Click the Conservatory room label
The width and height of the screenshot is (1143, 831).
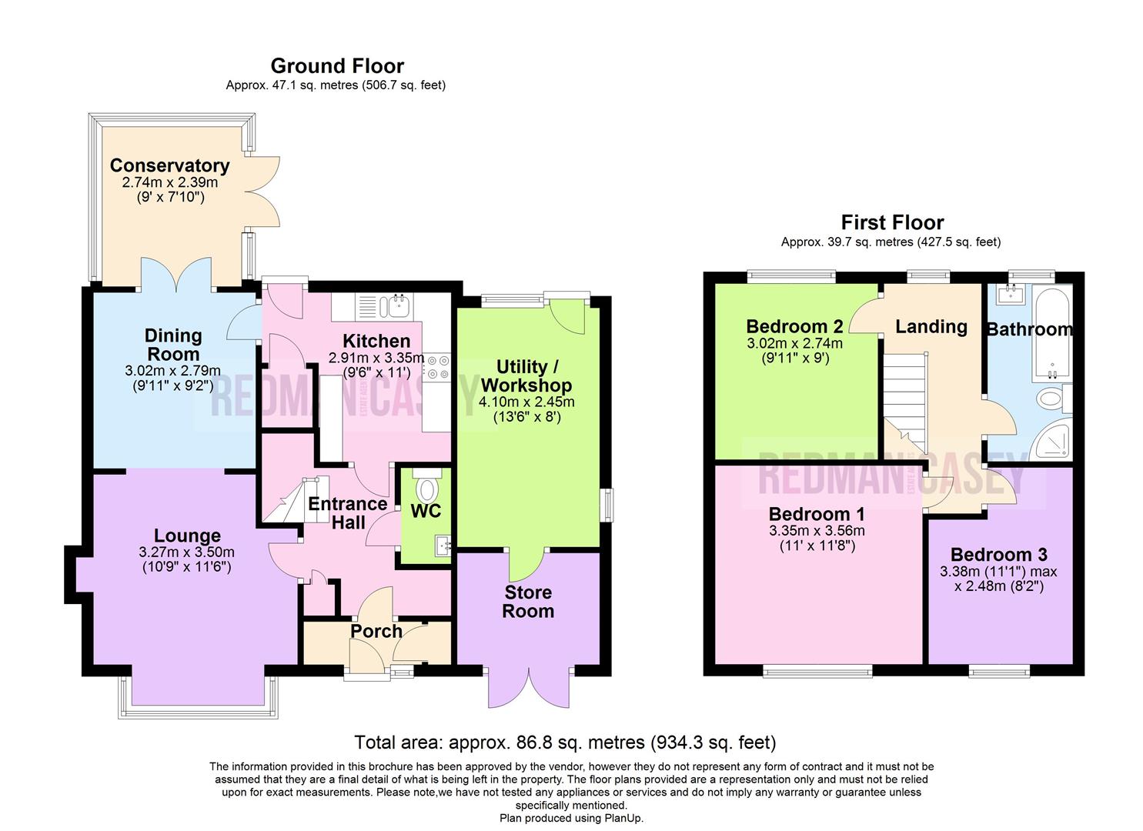click(169, 165)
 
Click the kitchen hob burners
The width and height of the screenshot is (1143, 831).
click(438, 367)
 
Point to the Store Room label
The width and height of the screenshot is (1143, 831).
click(528, 602)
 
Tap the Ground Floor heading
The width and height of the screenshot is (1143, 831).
click(336, 66)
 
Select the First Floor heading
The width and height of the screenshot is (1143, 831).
click(891, 223)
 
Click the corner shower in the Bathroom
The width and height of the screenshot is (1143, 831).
click(1055, 442)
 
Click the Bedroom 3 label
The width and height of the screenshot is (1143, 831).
click(998, 555)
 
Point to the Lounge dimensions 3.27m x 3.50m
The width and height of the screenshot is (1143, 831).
click(187, 552)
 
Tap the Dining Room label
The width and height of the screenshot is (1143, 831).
click(173, 345)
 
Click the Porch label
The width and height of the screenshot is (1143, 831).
click(376, 631)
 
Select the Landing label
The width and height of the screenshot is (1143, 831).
click(931, 326)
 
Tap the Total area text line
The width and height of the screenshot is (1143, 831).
click(564, 743)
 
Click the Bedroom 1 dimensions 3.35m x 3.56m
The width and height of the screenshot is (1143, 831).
click(816, 531)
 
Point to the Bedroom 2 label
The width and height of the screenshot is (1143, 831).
click(794, 326)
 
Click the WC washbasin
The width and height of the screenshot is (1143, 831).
click(442, 546)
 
